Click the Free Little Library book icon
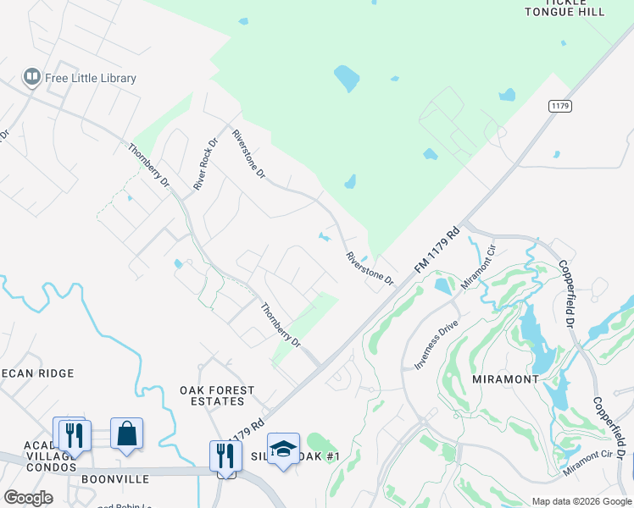pos(32,78)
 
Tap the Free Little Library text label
pos(91,79)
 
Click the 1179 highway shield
pos(560,105)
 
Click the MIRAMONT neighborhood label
pos(505,379)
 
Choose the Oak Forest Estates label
pos(217,396)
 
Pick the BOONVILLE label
pos(115,479)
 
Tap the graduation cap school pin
pos(283,449)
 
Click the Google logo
pos(28,498)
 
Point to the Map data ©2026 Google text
pos(581,501)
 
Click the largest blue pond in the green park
pos(346,78)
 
